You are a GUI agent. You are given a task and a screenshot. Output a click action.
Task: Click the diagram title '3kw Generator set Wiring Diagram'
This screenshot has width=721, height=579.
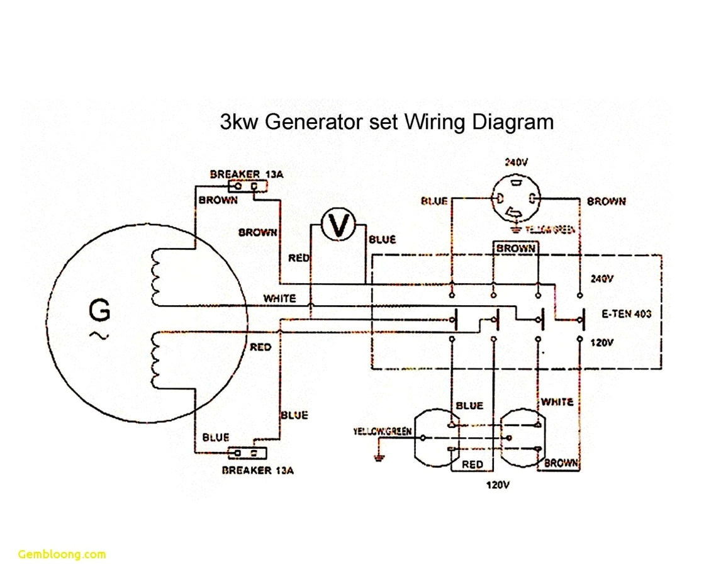click(x=386, y=121)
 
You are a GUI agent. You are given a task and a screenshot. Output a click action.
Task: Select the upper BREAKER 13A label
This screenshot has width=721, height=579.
click(x=247, y=174)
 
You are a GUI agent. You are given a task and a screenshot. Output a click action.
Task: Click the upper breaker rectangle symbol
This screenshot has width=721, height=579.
click(x=249, y=186)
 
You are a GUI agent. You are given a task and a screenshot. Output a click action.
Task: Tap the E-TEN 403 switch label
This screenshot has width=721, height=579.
click(x=626, y=313)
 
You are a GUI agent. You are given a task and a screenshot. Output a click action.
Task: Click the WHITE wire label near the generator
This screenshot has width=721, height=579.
click(x=279, y=298)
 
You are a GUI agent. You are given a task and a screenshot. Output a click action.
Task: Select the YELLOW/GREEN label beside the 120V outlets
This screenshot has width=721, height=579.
click(x=382, y=431)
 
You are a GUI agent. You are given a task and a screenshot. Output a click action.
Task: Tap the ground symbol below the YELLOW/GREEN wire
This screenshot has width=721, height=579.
click(x=379, y=456)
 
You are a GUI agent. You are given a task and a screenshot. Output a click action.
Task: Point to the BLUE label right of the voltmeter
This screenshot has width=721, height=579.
click(x=382, y=240)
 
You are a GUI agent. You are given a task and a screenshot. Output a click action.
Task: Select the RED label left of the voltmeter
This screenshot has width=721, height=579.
click(x=298, y=258)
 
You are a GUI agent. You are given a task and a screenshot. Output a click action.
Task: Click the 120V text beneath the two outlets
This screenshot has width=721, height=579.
click(x=497, y=485)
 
